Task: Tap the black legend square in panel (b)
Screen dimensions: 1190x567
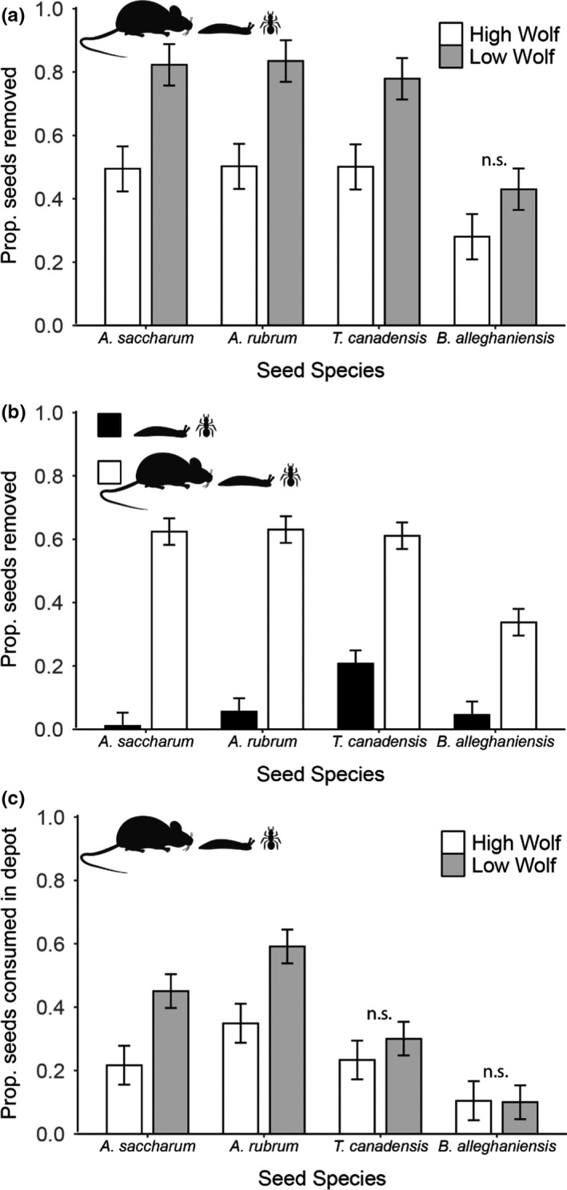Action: click(109, 425)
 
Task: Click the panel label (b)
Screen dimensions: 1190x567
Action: click(14, 414)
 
